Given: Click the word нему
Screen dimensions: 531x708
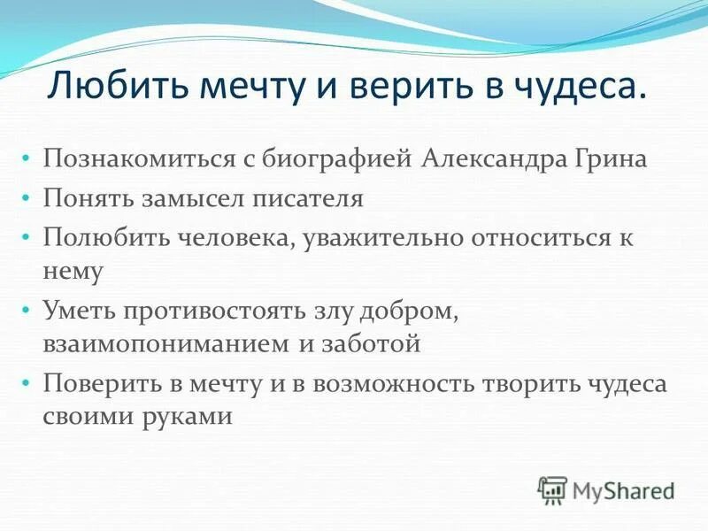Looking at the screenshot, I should tap(73, 271).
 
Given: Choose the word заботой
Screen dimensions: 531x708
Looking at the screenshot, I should tap(369, 343).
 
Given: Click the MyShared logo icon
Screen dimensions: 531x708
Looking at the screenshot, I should tap(552, 489).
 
